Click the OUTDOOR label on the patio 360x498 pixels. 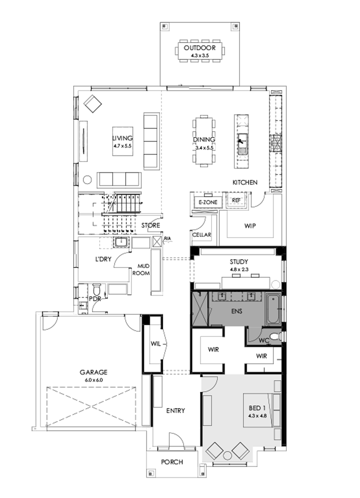200,48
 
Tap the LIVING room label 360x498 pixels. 122,139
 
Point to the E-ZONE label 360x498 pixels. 208,202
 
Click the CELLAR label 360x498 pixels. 202,235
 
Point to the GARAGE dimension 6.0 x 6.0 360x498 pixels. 94,380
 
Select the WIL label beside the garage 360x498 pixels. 156,344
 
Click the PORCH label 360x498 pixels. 172,462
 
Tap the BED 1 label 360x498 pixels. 257,409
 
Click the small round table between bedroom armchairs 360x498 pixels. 228,455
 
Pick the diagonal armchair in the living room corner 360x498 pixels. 92,104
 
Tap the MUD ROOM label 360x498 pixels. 144,270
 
